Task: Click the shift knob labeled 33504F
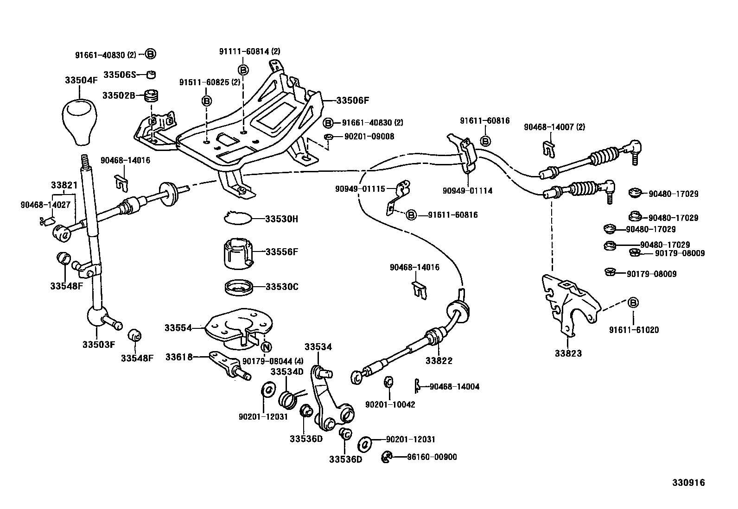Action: point(79,121)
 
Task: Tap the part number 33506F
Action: point(352,101)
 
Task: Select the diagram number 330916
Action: point(688,483)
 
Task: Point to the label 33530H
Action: point(282,219)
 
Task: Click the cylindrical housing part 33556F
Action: point(237,253)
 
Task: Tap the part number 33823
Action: point(568,353)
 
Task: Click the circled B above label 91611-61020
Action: point(633,302)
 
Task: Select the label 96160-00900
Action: point(432,457)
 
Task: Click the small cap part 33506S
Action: point(151,75)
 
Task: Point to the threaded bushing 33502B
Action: point(151,95)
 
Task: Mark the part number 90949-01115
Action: point(360,189)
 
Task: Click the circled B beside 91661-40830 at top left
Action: point(150,54)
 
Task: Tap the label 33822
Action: point(439,361)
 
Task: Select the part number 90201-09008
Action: point(369,136)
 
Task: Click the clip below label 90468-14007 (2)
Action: point(548,149)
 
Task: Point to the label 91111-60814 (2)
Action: point(250,51)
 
